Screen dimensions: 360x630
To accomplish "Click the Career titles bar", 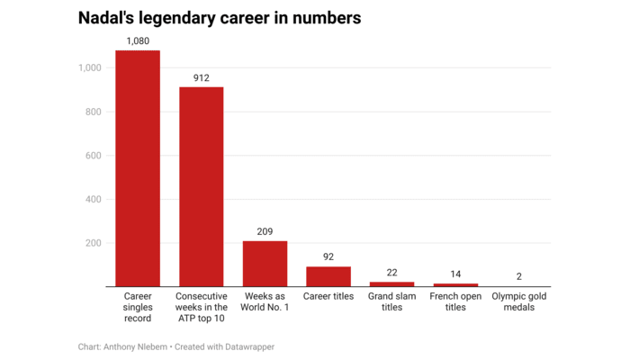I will [x=328, y=276].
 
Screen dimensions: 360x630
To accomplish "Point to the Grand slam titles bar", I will [x=391, y=284].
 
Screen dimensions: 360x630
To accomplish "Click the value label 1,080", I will [x=138, y=40].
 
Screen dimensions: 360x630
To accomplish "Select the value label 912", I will [x=201, y=77].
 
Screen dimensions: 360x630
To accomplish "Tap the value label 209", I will [x=265, y=231].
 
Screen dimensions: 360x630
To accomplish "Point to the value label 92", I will [x=328, y=257].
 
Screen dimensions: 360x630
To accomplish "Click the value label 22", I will [x=391, y=273].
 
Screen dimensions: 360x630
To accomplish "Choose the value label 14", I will [x=455, y=274].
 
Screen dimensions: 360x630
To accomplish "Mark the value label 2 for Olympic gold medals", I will [x=519, y=277].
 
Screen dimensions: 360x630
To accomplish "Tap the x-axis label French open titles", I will [x=455, y=301].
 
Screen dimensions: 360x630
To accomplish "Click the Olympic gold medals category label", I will [x=519, y=301].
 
